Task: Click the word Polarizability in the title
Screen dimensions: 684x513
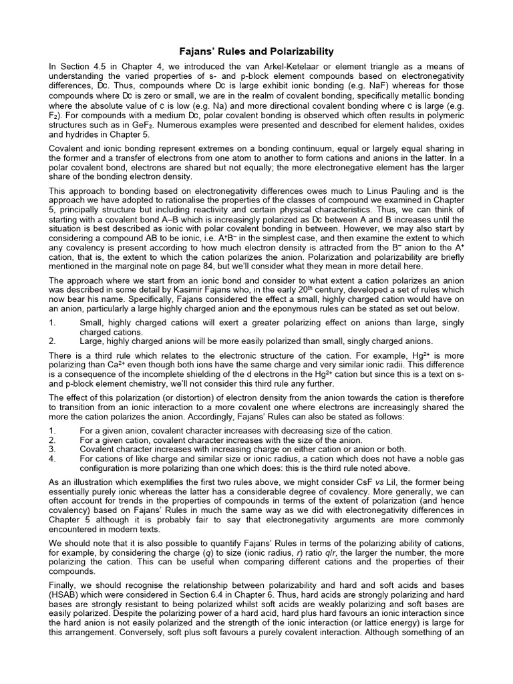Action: tap(296, 51)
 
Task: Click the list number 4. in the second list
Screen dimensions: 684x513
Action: tap(53, 459)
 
